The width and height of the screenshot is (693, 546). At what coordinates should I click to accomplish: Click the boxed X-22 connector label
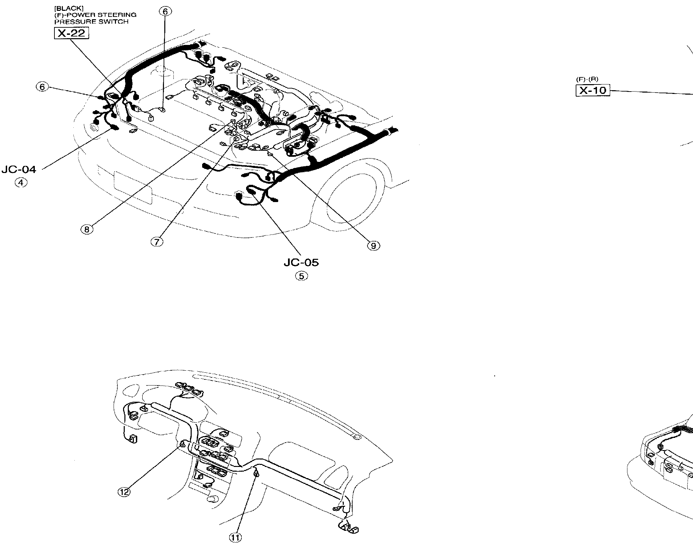click(71, 33)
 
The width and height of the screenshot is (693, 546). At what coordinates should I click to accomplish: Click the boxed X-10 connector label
click(593, 91)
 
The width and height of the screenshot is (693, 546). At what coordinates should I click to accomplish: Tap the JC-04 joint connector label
click(19, 169)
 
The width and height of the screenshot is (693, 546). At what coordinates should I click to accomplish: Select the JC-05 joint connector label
click(301, 262)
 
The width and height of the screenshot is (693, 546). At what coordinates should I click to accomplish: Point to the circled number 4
click(21, 183)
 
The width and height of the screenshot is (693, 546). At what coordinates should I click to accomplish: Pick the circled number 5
click(302, 276)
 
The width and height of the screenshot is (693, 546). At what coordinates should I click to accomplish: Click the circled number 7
click(157, 242)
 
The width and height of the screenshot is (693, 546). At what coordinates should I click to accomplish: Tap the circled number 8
click(87, 230)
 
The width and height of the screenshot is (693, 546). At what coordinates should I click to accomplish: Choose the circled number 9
click(374, 246)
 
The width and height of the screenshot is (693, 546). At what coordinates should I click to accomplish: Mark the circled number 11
click(236, 538)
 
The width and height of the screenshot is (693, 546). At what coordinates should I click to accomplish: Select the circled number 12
click(124, 492)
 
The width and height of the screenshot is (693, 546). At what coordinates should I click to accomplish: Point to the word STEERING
click(122, 15)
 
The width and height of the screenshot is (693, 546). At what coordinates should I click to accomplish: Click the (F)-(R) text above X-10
click(587, 79)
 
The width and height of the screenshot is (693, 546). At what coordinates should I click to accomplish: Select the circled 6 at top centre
click(165, 12)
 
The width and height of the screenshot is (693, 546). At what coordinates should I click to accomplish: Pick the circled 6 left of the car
click(42, 87)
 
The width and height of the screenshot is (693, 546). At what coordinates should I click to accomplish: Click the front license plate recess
click(133, 188)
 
